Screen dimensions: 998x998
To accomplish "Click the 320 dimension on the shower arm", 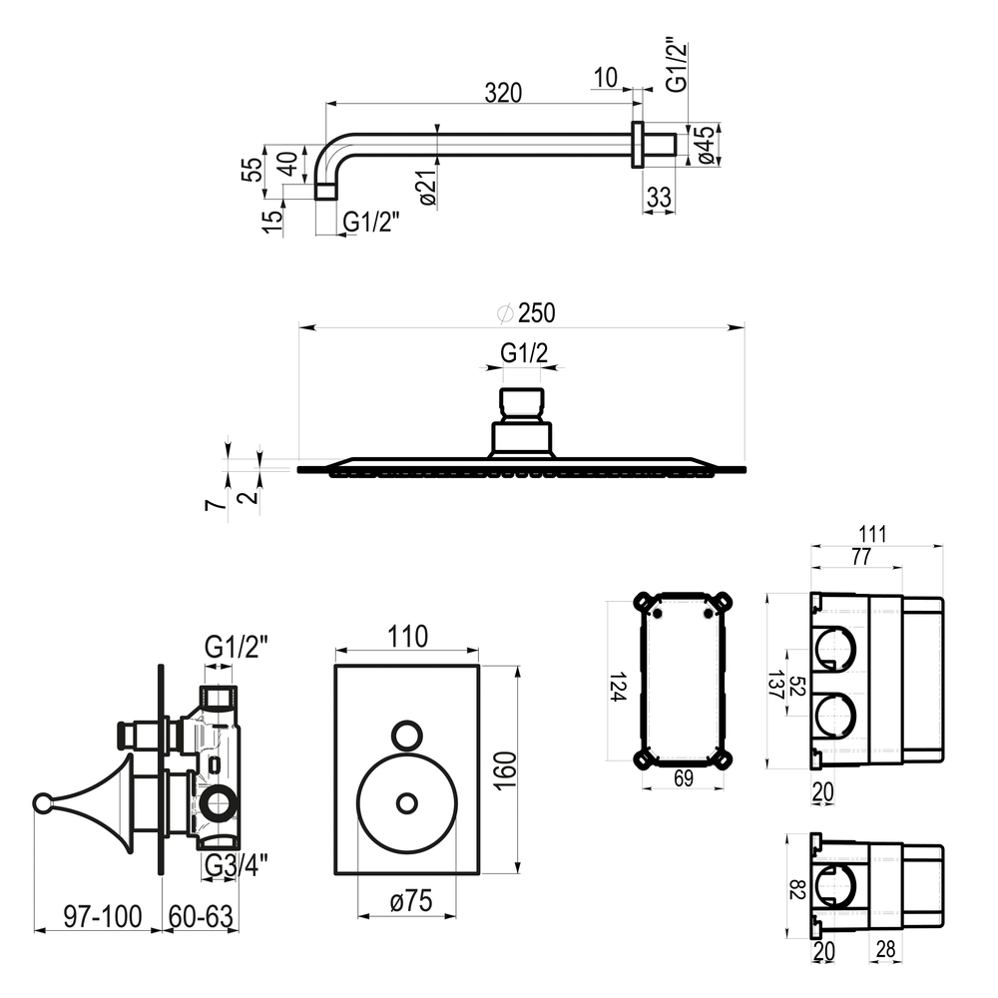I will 505,93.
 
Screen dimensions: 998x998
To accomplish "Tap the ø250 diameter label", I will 526,312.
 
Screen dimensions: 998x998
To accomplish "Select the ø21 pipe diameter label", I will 427,189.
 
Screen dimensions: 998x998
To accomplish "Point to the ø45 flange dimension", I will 706,145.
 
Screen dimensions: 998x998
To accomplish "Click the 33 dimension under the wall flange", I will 659,197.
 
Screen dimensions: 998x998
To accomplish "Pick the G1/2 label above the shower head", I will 524,352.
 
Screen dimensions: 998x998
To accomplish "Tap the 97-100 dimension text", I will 97,912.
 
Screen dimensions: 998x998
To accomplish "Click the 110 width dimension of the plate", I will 407,636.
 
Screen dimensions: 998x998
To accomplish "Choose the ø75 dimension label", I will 410,900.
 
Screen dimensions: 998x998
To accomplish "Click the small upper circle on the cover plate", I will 406,735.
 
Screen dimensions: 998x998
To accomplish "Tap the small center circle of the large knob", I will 406,802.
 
